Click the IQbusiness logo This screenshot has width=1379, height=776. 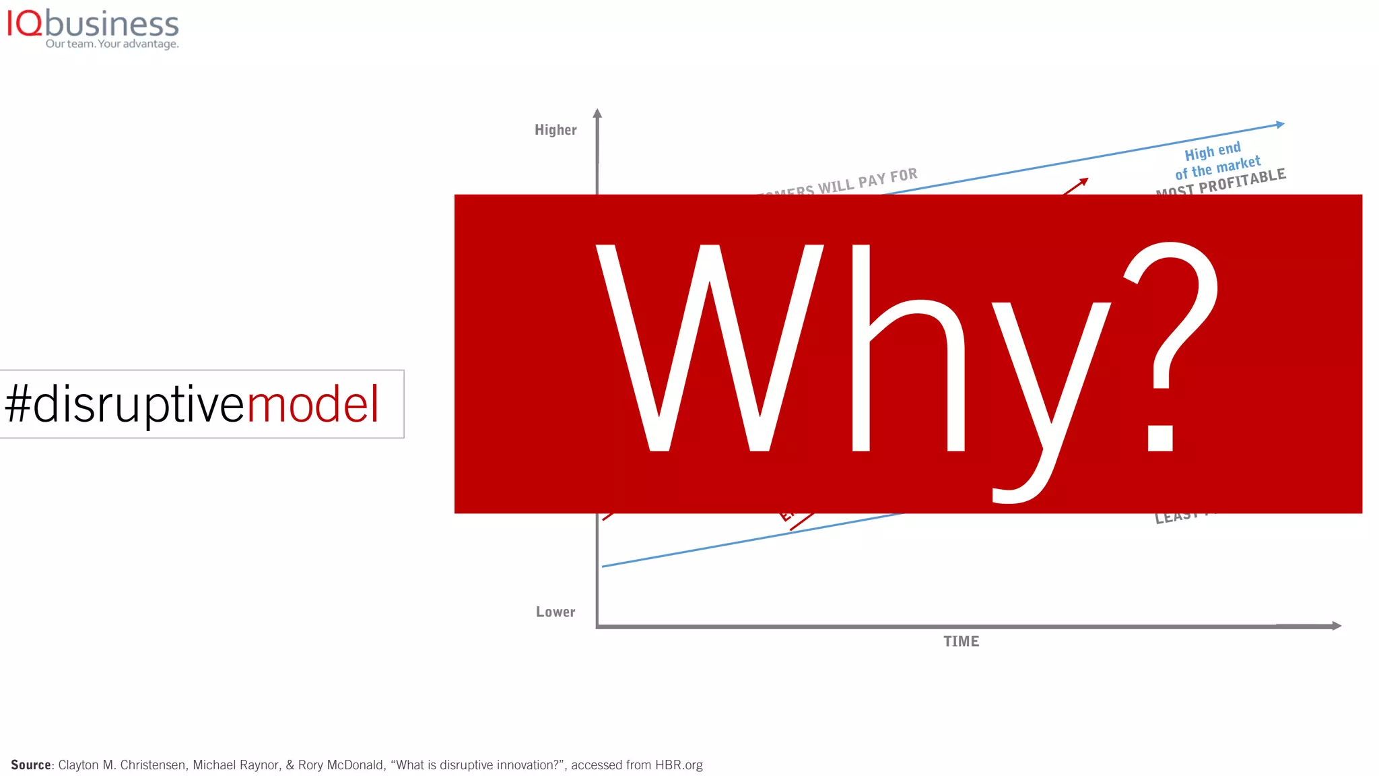(x=92, y=25)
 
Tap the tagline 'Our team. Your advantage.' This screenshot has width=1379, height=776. (x=112, y=44)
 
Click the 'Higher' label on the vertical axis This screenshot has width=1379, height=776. (x=556, y=130)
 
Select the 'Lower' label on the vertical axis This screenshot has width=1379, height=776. (x=556, y=612)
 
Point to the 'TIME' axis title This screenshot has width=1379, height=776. (x=961, y=641)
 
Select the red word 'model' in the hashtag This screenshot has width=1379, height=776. (x=313, y=404)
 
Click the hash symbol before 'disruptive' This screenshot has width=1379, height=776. (x=18, y=404)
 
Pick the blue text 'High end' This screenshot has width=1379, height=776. (x=1212, y=151)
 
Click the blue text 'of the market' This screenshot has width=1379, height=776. (x=1217, y=167)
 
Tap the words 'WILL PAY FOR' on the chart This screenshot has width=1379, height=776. (x=867, y=181)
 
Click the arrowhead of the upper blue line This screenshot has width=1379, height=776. (x=1281, y=125)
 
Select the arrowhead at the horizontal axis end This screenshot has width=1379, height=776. (x=1336, y=626)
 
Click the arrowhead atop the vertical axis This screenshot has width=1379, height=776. (x=597, y=114)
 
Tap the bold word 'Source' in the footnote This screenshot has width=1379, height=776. (x=31, y=765)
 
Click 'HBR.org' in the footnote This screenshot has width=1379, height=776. (x=679, y=765)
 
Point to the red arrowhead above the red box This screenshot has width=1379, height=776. (x=1083, y=181)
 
